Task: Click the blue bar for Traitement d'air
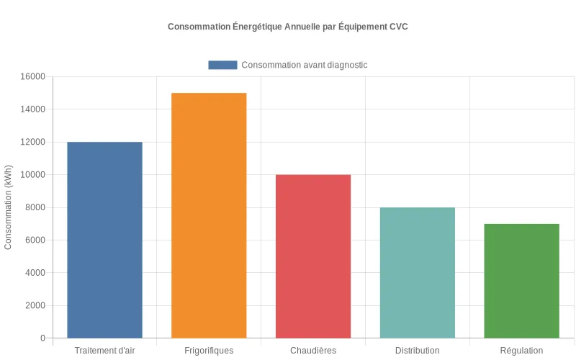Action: [x=104, y=240]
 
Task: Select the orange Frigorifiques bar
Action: [x=209, y=215]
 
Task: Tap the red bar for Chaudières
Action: [x=313, y=256]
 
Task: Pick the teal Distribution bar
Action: [x=418, y=273]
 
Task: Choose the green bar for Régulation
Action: [x=521, y=281]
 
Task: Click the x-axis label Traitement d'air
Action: [x=104, y=351]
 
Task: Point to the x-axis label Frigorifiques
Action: [x=209, y=351]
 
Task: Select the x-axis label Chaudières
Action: [x=313, y=351]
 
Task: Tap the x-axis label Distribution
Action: [x=418, y=351]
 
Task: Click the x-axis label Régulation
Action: [x=521, y=351]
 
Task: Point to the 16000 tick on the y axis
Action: [x=32, y=77]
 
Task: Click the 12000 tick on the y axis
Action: [x=32, y=143]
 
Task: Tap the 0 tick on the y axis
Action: [x=42, y=338]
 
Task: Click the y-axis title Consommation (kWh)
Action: [x=9, y=207]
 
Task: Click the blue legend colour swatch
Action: [x=222, y=65]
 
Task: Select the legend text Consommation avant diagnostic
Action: [x=305, y=65]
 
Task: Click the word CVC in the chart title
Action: [x=399, y=27]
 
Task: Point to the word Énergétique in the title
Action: [x=258, y=27]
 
